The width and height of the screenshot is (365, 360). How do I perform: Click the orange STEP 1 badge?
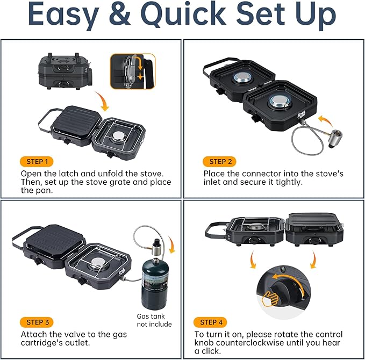click(37, 162)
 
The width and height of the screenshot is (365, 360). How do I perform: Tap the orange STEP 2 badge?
click(219, 162)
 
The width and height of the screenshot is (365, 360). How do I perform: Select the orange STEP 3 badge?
click(37, 322)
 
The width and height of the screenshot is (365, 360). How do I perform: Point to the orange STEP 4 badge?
click(210, 322)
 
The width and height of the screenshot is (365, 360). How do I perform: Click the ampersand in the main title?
click(120, 15)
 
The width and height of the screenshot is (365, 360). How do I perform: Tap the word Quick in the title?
click(183, 14)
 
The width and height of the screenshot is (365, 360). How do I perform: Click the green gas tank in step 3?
click(155, 284)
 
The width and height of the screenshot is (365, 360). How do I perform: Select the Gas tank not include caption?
click(154, 320)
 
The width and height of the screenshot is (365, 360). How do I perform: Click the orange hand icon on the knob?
click(270, 299)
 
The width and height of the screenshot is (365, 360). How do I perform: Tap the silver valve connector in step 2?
click(334, 139)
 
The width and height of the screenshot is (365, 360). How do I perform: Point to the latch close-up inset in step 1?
click(133, 71)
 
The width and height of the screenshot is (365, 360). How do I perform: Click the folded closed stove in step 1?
click(65, 71)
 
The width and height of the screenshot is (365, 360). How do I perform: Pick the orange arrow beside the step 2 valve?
click(326, 121)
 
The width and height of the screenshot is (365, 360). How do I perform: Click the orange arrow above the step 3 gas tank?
click(172, 244)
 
